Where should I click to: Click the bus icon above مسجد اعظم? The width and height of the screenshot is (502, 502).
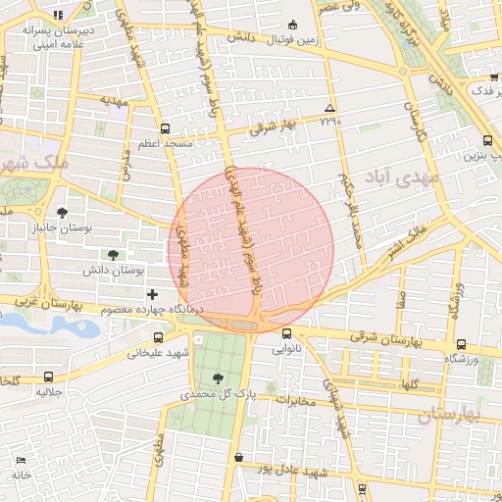pos(164,128)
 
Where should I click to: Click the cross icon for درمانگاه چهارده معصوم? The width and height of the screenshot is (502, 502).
pos(151,294)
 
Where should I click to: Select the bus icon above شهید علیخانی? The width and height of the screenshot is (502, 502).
pos(131,337)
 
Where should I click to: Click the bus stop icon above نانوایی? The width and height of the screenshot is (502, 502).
pos(286,333)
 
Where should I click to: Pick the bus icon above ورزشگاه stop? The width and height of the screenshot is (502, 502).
pos(461,344)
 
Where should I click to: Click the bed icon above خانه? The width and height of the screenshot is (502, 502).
pos(21,460)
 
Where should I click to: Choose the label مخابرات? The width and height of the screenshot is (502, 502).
pos(299,401)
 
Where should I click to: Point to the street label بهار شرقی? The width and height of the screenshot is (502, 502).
pos(273,125)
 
